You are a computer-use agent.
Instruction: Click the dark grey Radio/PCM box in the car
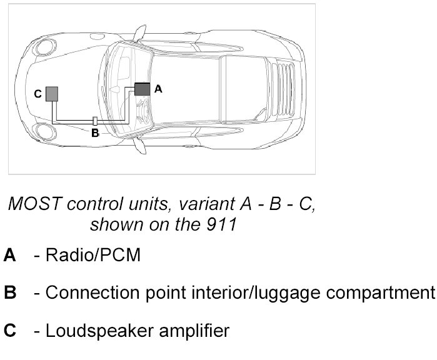coord(143,89)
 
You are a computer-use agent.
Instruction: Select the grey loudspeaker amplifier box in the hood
coord(52,94)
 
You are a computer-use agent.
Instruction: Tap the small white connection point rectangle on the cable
coord(94,120)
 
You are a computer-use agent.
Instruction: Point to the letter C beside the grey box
coord(38,94)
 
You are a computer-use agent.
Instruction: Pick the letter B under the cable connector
coord(95,132)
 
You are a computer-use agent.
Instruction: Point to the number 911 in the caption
coord(222,224)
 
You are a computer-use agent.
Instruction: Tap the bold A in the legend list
coord(9,256)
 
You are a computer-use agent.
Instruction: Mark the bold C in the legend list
coord(9,329)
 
